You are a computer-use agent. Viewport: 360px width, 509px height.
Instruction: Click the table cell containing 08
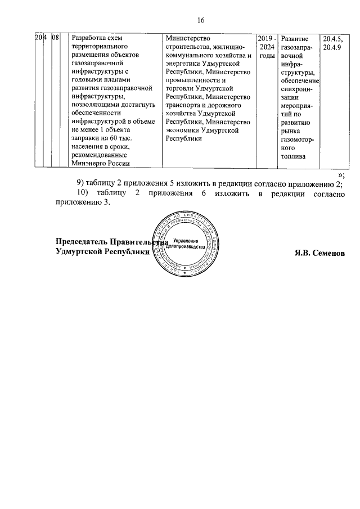tap(55, 38)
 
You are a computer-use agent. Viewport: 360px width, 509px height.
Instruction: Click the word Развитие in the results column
tap(295, 38)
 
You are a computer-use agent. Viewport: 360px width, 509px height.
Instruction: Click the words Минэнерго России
tap(98, 164)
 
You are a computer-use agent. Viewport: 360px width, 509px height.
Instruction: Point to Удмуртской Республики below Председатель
tap(103, 253)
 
